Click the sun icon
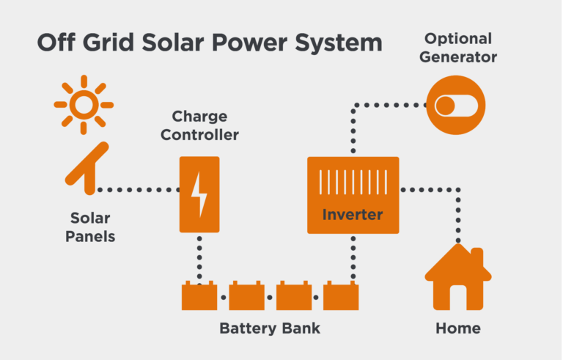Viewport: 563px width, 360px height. [x=84, y=105]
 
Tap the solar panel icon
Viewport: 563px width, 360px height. [x=87, y=169]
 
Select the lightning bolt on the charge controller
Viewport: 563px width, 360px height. [x=199, y=194]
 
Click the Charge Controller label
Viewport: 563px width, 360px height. [x=200, y=125]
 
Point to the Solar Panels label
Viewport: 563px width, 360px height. [x=90, y=227]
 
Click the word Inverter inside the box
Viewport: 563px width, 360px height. [x=353, y=215]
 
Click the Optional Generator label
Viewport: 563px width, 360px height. [x=459, y=47]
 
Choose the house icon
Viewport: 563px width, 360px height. [x=458, y=279]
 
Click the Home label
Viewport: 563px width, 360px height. [x=458, y=328]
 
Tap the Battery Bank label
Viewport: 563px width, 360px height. [x=270, y=328]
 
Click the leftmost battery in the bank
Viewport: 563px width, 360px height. [x=199, y=296]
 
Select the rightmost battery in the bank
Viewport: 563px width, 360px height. [x=342, y=296]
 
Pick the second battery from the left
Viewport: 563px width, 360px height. [x=247, y=296]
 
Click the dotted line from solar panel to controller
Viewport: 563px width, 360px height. [x=139, y=189]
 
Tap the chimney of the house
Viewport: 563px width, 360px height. [x=477, y=257]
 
